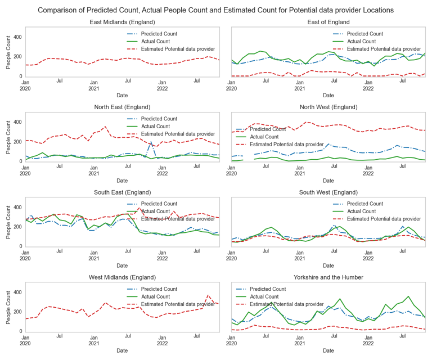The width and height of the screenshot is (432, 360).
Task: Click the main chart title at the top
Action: (216, 10)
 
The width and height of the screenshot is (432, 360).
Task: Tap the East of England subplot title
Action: (328, 22)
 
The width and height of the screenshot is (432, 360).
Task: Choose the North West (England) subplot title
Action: (328, 107)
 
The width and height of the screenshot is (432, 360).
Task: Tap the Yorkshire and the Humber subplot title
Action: (328, 277)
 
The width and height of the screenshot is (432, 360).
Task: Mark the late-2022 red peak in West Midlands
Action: (208, 295)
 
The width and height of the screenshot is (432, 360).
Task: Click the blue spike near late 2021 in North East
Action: (151, 142)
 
